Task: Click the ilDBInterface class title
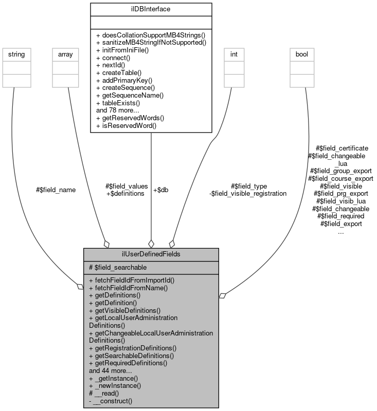click(x=151, y=9)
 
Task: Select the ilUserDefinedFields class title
click(x=151, y=254)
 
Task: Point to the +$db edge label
click(x=161, y=190)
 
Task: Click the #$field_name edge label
click(x=56, y=190)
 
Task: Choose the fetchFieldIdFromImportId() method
click(x=132, y=281)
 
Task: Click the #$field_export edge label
click(x=341, y=224)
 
